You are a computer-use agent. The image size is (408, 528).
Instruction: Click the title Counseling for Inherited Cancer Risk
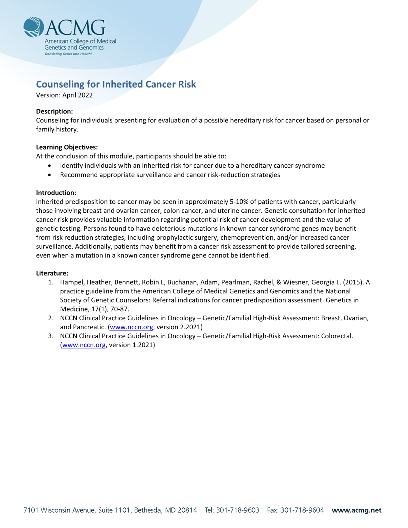click(116, 84)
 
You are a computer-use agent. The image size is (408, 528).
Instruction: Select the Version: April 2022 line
click(64, 95)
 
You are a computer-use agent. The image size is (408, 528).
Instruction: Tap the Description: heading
click(55, 111)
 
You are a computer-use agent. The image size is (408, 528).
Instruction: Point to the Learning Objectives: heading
click(67, 147)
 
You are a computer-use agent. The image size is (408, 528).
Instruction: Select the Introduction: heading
click(56, 192)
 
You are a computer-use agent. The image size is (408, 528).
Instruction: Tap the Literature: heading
click(52, 273)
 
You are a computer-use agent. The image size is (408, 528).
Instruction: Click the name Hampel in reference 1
click(71, 282)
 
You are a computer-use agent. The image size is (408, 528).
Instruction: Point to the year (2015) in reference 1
click(352, 282)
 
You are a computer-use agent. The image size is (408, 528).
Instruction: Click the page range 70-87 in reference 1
click(119, 309)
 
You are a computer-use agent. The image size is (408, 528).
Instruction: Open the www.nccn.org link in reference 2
click(131, 327)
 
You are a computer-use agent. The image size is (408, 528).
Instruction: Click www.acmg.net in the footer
click(356, 510)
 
